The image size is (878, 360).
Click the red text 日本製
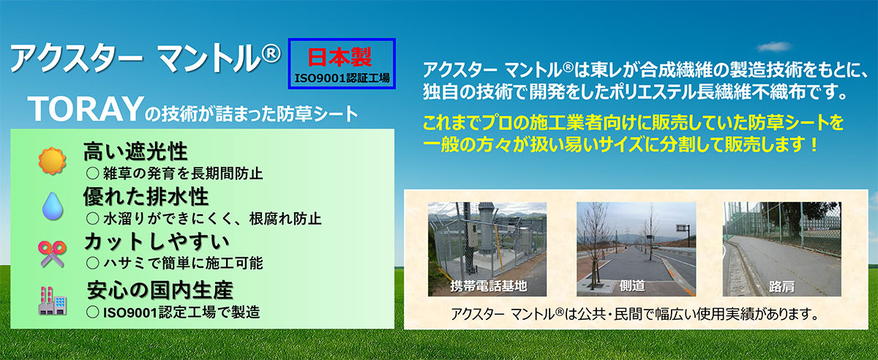click(339, 58)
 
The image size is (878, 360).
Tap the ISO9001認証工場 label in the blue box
click(342, 78)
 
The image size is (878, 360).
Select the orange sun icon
click(52, 161)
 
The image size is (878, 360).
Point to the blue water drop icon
click(53, 206)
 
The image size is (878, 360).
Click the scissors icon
click(52, 254)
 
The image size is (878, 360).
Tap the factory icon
click(53, 301)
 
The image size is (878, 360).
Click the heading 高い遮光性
click(135, 151)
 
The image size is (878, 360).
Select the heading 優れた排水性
click(146, 197)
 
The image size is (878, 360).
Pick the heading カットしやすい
click(157, 241)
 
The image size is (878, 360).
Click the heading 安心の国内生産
click(160, 290)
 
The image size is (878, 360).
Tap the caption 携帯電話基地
click(489, 286)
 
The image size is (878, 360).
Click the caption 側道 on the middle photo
click(632, 286)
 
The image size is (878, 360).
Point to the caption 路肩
click(781, 287)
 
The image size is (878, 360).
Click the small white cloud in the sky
click(774, 47)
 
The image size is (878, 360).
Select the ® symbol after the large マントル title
click(271, 53)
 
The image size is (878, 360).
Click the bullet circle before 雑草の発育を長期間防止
click(92, 173)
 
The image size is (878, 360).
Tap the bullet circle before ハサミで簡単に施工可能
click(92, 263)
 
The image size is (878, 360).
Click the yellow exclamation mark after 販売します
click(814, 144)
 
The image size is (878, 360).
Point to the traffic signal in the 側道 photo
click(683, 228)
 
